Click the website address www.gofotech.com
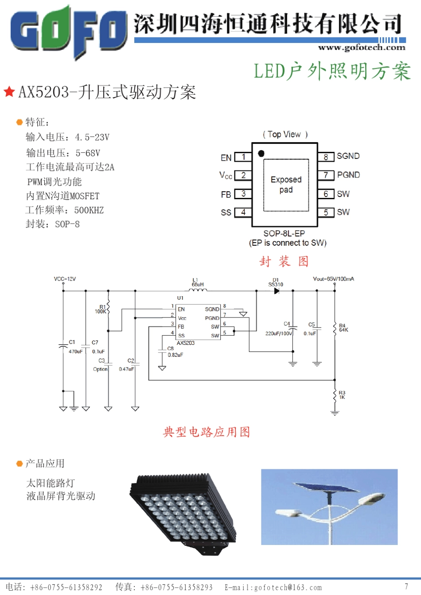click(x=362, y=47)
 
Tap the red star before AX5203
click(x=9, y=92)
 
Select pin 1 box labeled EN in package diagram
click(x=243, y=157)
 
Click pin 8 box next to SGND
click(x=326, y=157)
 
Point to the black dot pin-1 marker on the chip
click(x=261, y=153)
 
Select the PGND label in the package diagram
click(x=348, y=175)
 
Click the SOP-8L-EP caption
click(x=284, y=233)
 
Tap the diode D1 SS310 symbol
click(x=277, y=291)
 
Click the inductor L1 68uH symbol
click(x=198, y=290)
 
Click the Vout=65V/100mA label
click(x=333, y=279)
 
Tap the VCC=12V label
click(x=65, y=279)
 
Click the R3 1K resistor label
click(x=342, y=395)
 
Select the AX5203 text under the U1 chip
click(x=185, y=343)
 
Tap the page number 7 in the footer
click(x=406, y=587)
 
